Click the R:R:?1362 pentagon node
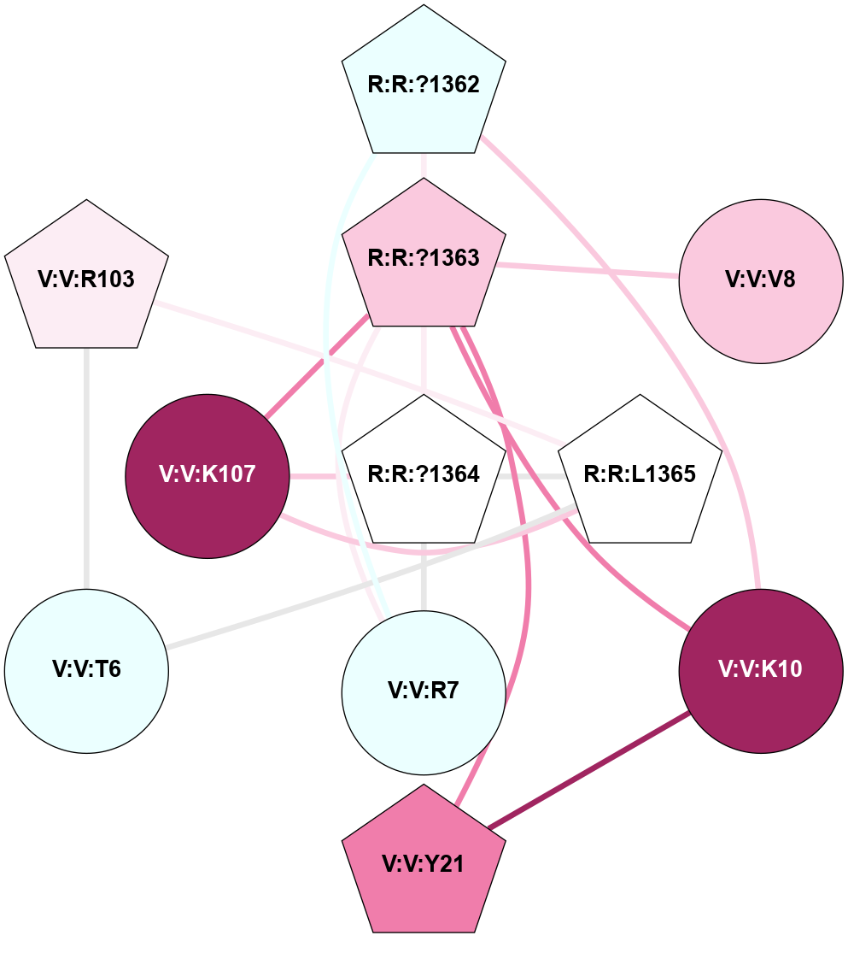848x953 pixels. tap(424, 85)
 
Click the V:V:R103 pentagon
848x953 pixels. tap(86, 279)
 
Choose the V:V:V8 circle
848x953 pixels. tap(761, 280)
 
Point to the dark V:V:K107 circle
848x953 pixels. tap(208, 475)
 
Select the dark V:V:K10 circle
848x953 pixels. tap(761, 670)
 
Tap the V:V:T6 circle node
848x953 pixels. tap(86, 670)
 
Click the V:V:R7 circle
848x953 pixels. tap(424, 691)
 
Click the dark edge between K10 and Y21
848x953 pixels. tap(589, 768)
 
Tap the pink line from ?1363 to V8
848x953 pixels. tap(589, 270)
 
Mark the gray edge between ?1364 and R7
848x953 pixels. tap(424, 577)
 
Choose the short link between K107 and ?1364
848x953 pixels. tap(316, 475)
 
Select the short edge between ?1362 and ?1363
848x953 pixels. tap(424, 166)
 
